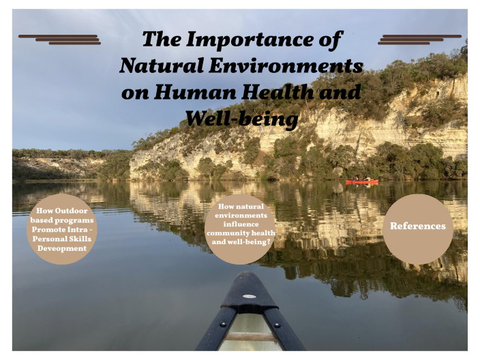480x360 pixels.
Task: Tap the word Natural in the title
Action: click(x=157, y=66)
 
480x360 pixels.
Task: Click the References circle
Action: click(x=417, y=226)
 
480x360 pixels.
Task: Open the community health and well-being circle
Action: click(x=240, y=228)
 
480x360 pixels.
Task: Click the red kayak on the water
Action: click(x=361, y=182)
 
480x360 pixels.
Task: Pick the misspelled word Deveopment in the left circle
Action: click(x=62, y=249)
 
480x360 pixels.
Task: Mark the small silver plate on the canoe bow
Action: click(x=248, y=297)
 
